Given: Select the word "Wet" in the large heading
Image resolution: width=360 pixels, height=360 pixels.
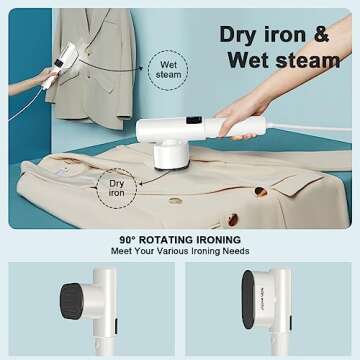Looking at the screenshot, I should coord(251,60).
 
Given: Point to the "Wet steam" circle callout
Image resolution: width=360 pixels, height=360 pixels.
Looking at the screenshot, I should coord(168,68).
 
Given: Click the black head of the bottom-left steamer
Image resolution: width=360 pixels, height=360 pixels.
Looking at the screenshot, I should coord(66,301).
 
